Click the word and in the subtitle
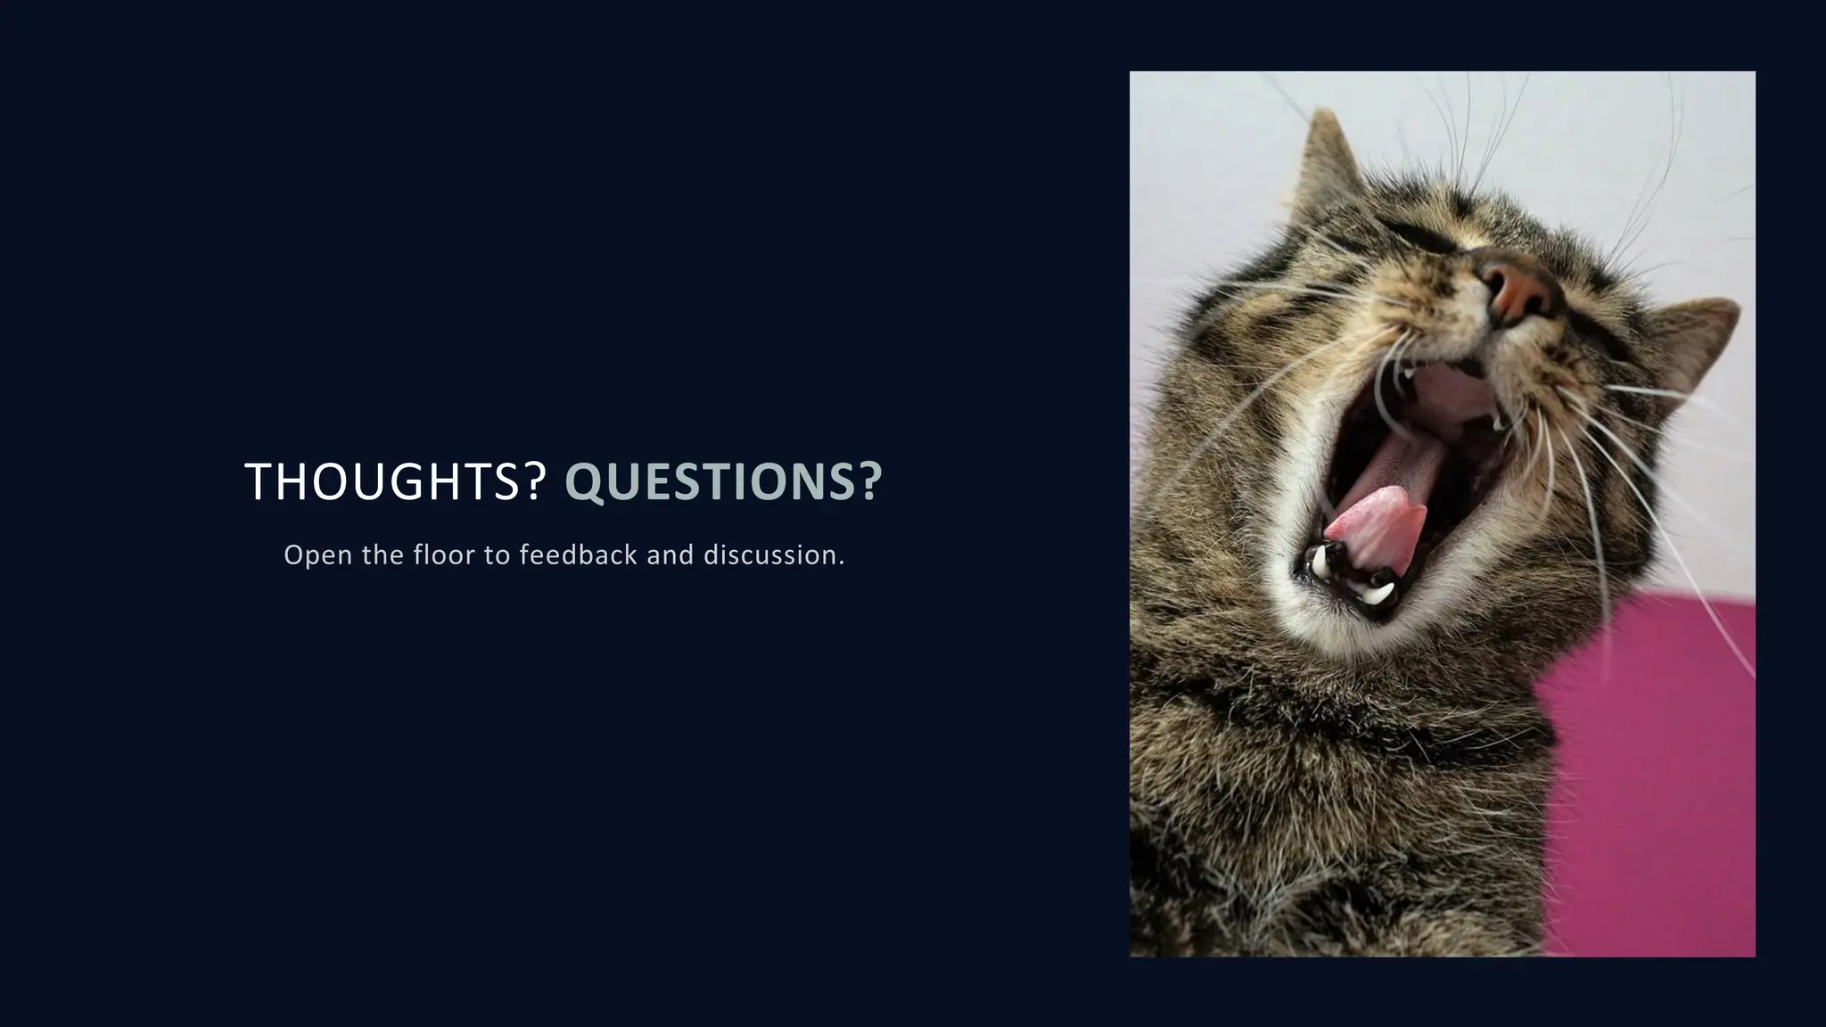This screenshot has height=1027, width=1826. [x=670, y=555]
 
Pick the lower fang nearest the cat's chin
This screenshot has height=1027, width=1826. [x=1378, y=591]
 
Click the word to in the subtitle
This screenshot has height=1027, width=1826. [x=496, y=555]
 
